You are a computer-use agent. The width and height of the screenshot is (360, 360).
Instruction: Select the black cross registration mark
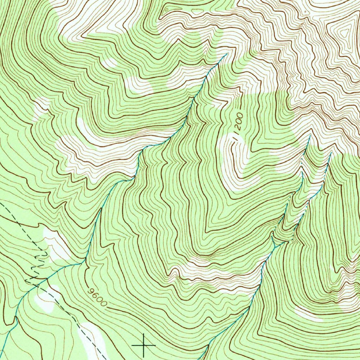point(143,345)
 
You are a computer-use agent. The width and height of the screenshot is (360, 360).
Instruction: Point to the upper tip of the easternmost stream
point(331,153)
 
